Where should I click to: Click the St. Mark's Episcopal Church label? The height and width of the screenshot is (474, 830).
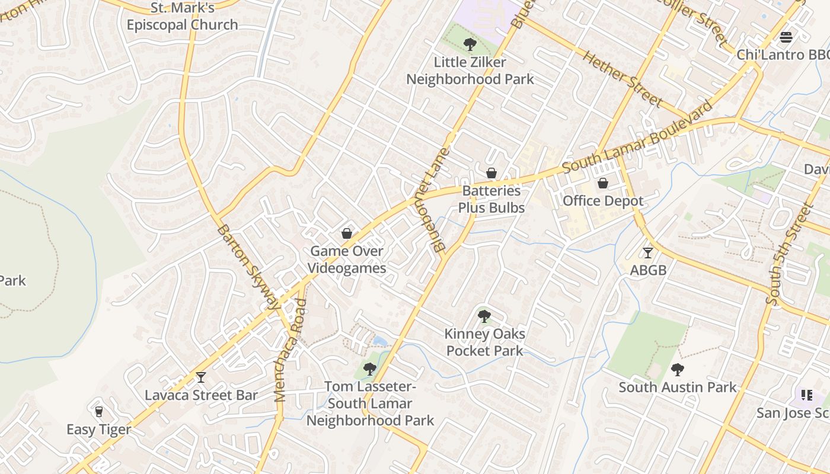182,17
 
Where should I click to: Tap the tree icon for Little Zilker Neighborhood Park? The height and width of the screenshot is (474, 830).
470,44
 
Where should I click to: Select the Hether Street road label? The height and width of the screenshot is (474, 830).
622,79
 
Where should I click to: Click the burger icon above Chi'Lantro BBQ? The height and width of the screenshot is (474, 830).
786,37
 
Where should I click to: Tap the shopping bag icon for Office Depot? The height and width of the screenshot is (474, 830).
603,184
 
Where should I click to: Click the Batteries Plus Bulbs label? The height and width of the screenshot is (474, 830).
491,199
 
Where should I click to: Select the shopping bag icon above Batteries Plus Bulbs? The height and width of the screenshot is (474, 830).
491,173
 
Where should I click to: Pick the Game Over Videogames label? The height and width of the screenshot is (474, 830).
347,260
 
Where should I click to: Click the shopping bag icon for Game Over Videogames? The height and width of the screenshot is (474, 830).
347,233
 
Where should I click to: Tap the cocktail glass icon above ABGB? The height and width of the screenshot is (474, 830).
648,253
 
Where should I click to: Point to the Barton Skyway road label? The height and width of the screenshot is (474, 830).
247,267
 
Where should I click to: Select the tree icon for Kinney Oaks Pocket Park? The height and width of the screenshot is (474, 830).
484,316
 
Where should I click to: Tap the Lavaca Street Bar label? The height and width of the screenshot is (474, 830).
201,395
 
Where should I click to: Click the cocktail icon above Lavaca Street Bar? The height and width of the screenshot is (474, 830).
201,377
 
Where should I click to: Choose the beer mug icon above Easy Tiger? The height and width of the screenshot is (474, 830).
99,411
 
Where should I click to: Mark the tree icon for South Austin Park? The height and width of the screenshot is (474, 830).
678,370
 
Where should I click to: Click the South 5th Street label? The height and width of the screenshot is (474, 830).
788,255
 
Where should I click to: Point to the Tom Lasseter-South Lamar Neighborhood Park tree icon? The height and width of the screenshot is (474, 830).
370,369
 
